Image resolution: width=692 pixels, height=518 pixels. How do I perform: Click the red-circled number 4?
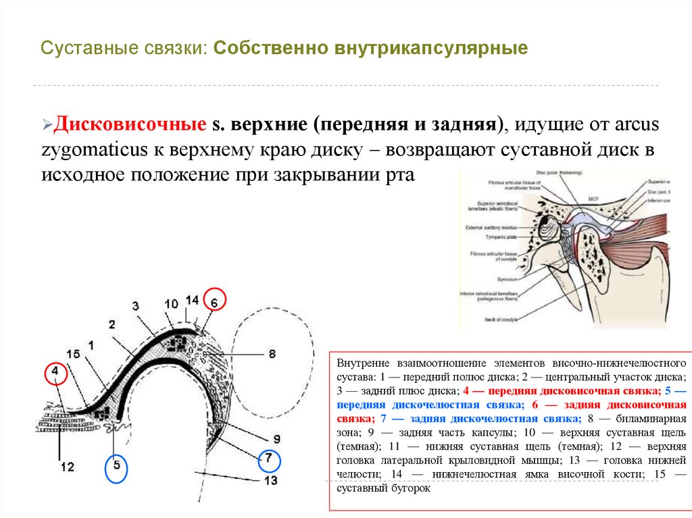tap(55, 372)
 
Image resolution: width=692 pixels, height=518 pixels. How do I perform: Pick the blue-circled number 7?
tap(268, 459)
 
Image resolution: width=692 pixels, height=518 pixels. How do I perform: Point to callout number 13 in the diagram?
tap(271, 481)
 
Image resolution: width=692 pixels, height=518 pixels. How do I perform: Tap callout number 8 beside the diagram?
tap(272, 353)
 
